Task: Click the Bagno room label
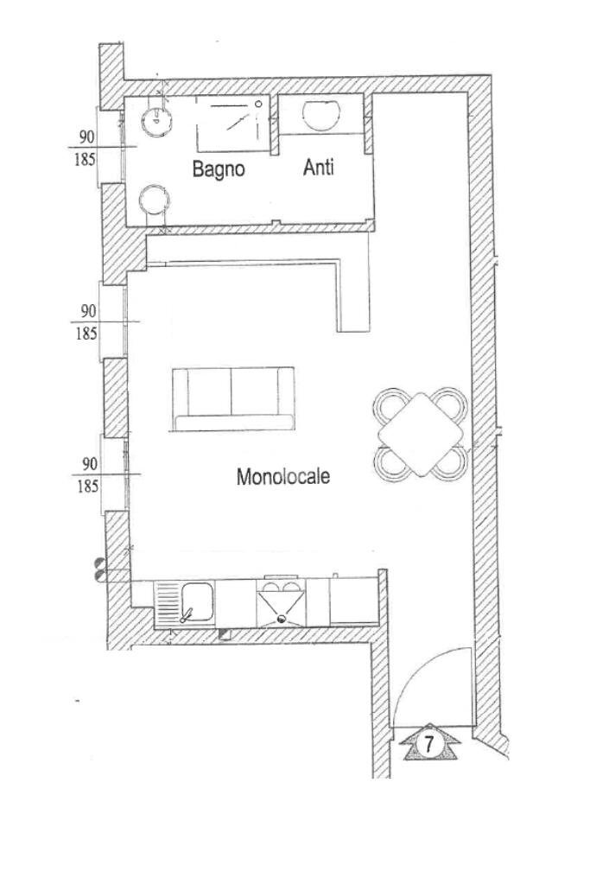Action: coord(219,169)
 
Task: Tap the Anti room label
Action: coord(318,169)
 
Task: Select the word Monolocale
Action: coord(283,476)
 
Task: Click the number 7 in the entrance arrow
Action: coord(429,742)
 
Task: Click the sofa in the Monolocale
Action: coord(233,398)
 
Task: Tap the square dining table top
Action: coord(422,436)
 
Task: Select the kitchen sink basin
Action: coord(198,601)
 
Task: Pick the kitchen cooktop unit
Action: coord(280,602)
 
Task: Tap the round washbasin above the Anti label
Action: coord(321,115)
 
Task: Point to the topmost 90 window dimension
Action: coord(86,137)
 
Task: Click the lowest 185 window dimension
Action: coord(86,486)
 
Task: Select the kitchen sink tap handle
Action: coord(186,615)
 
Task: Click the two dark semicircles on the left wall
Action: coord(100,568)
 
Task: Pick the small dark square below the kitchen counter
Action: coord(226,635)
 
